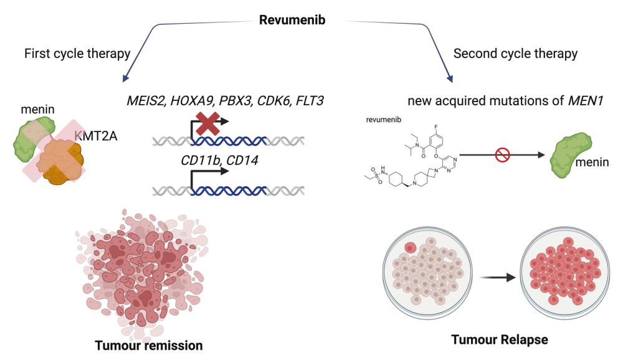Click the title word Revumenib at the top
pos(292,20)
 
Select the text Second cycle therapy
pos(515,54)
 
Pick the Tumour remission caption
pos(149,344)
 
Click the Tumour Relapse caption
pos(490,339)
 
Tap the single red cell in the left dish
pos(411,249)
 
